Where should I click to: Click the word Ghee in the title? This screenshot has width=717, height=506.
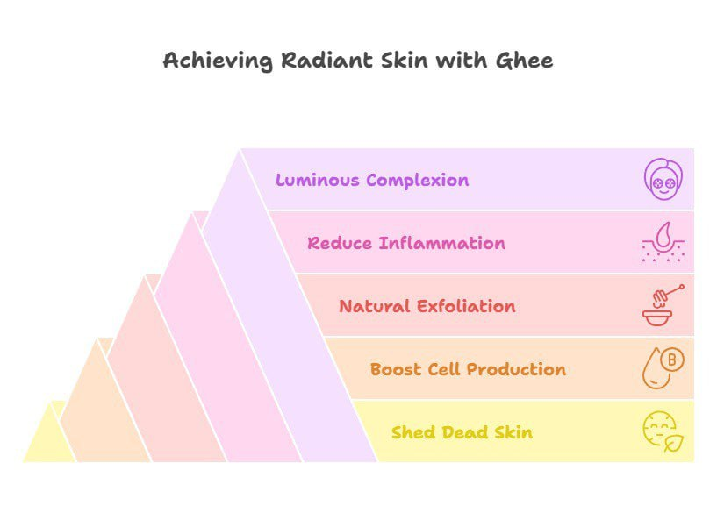click(x=525, y=61)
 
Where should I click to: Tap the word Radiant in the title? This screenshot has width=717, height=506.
click(x=326, y=61)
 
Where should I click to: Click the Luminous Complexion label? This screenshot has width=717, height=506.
click(x=372, y=181)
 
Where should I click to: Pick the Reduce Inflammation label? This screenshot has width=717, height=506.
click(x=406, y=243)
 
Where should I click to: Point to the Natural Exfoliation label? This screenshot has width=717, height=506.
click(x=427, y=306)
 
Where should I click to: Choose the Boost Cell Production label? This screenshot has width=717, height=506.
click(x=469, y=369)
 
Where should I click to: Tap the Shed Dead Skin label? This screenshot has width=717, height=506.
click(x=462, y=432)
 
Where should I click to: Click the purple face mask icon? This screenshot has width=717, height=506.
click(x=663, y=179)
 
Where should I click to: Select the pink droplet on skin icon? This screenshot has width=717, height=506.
click(x=663, y=242)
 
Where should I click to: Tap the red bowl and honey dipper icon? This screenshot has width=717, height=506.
click(x=663, y=305)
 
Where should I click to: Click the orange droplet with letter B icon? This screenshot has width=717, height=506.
click(x=663, y=368)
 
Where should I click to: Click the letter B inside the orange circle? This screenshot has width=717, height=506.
click(x=672, y=360)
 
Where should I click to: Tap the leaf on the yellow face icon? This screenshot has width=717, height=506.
click(x=674, y=443)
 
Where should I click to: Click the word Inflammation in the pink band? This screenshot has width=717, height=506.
click(x=442, y=243)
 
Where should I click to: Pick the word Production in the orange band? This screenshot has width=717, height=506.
click(x=517, y=369)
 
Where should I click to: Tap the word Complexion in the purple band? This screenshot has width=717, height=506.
click(x=418, y=181)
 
